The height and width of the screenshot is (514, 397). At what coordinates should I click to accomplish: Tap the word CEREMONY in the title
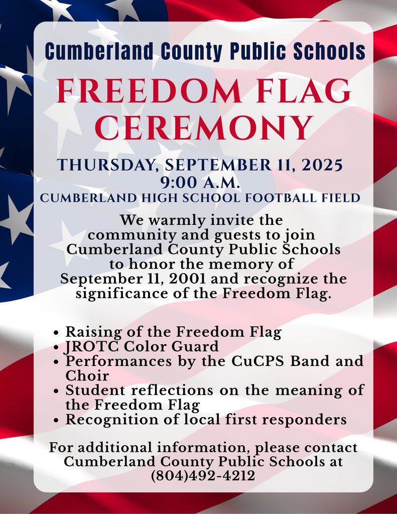pyautogui.click(x=203, y=128)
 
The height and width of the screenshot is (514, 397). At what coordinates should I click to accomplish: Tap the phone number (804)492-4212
pyautogui.click(x=203, y=475)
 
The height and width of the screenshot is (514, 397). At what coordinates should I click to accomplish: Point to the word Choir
pyautogui.click(x=87, y=375)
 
